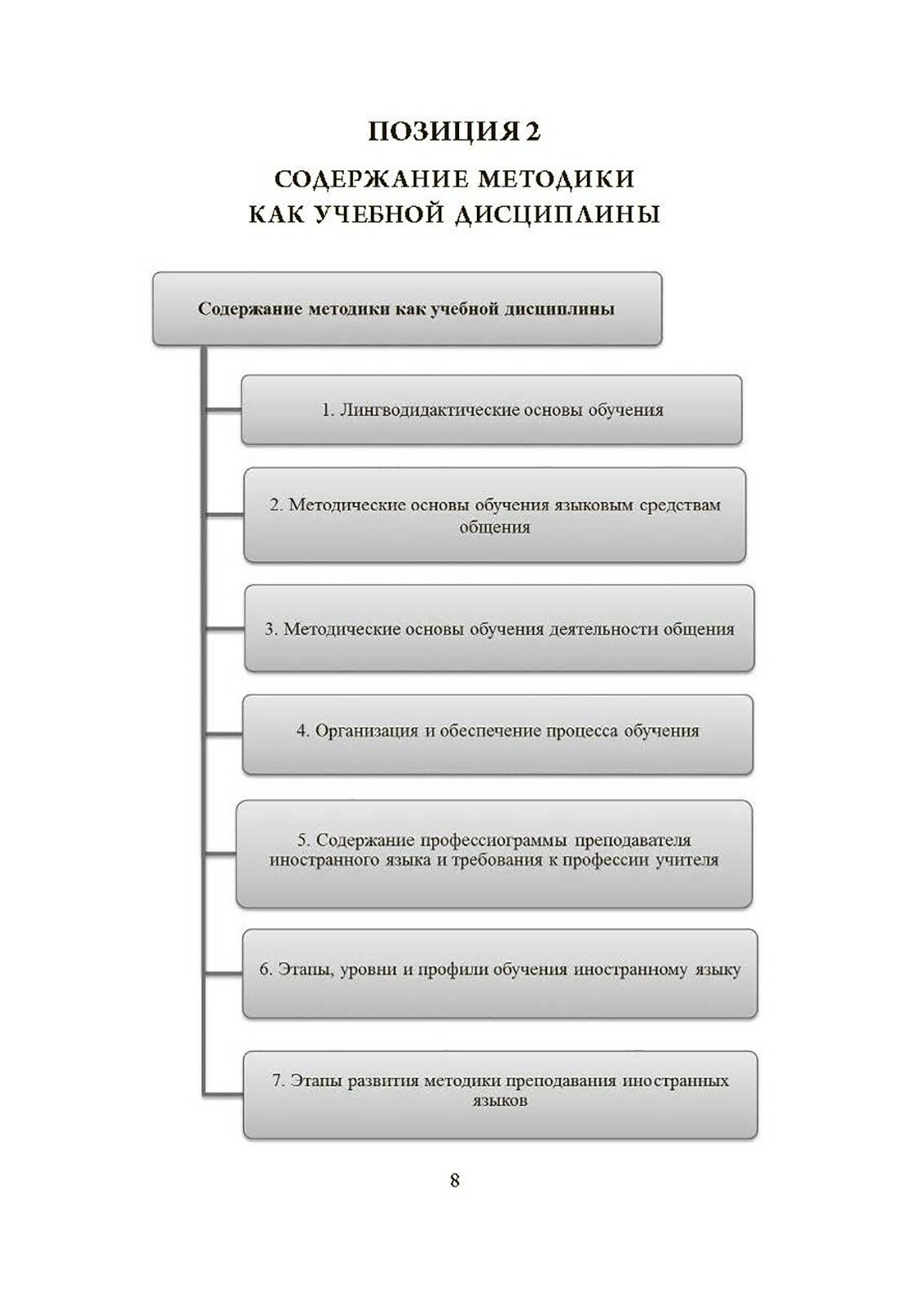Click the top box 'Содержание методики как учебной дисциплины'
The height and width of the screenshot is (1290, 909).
[x=407, y=309]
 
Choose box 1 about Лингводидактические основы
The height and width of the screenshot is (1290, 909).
[x=491, y=409]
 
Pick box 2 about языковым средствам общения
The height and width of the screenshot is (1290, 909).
[x=495, y=515]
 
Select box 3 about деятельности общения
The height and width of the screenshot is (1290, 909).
[x=499, y=630]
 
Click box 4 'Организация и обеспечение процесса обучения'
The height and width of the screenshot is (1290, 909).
[x=497, y=731]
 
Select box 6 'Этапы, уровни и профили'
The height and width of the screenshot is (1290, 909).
[x=499, y=970]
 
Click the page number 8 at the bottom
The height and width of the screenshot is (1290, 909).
[x=455, y=1180]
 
